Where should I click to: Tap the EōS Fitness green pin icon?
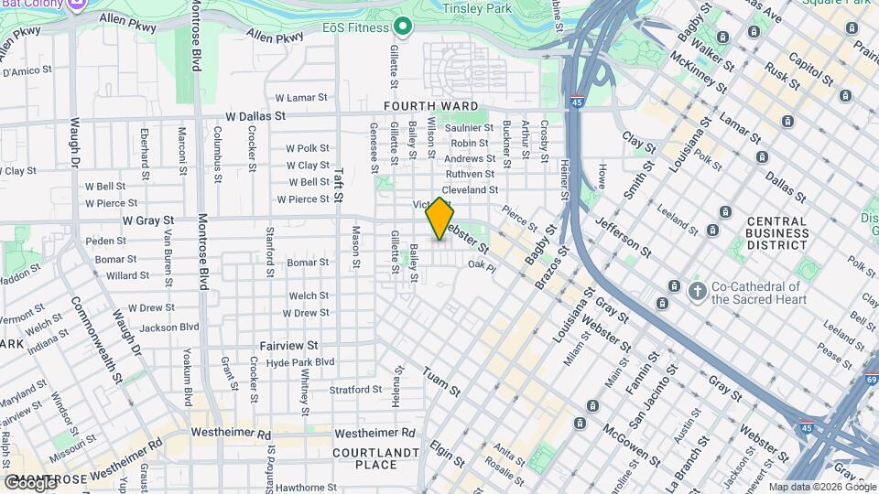pyautogui.click(x=400, y=25)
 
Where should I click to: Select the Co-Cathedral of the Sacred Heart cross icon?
pyautogui.click(x=697, y=291)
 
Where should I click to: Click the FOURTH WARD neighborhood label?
pyautogui.click(x=419, y=106)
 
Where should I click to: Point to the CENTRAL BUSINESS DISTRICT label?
pyautogui.click(x=776, y=233)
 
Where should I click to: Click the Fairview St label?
pyautogui.click(x=288, y=346)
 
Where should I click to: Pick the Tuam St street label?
pyautogui.click(x=441, y=381)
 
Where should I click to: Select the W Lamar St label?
pyautogui.click(x=301, y=98)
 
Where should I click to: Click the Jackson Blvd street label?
pyautogui.click(x=169, y=326)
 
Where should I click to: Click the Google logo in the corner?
pyautogui.click(x=30, y=482)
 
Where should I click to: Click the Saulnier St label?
pyautogui.click(x=470, y=128)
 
